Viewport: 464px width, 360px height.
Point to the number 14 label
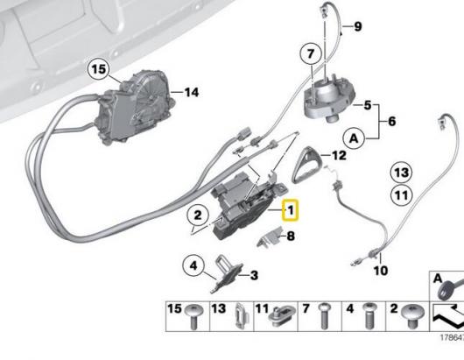coord(191,92)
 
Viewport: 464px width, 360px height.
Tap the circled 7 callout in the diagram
coord(310,54)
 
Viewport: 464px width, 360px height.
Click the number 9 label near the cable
coord(357,28)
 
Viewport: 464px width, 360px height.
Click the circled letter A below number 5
coord(354,138)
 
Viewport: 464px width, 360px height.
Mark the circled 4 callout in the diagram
coord(192,262)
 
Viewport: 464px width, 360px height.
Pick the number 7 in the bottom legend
coord(306,310)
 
